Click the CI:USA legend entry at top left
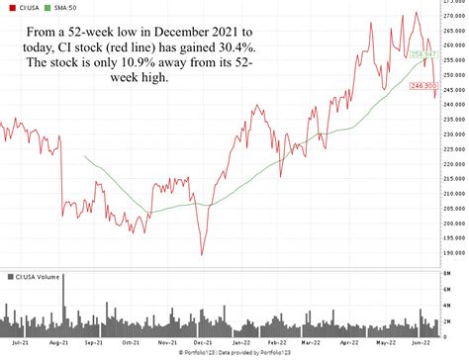point(23,7)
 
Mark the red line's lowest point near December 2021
point(202,254)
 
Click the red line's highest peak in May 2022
point(417,13)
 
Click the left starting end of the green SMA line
point(85,156)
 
